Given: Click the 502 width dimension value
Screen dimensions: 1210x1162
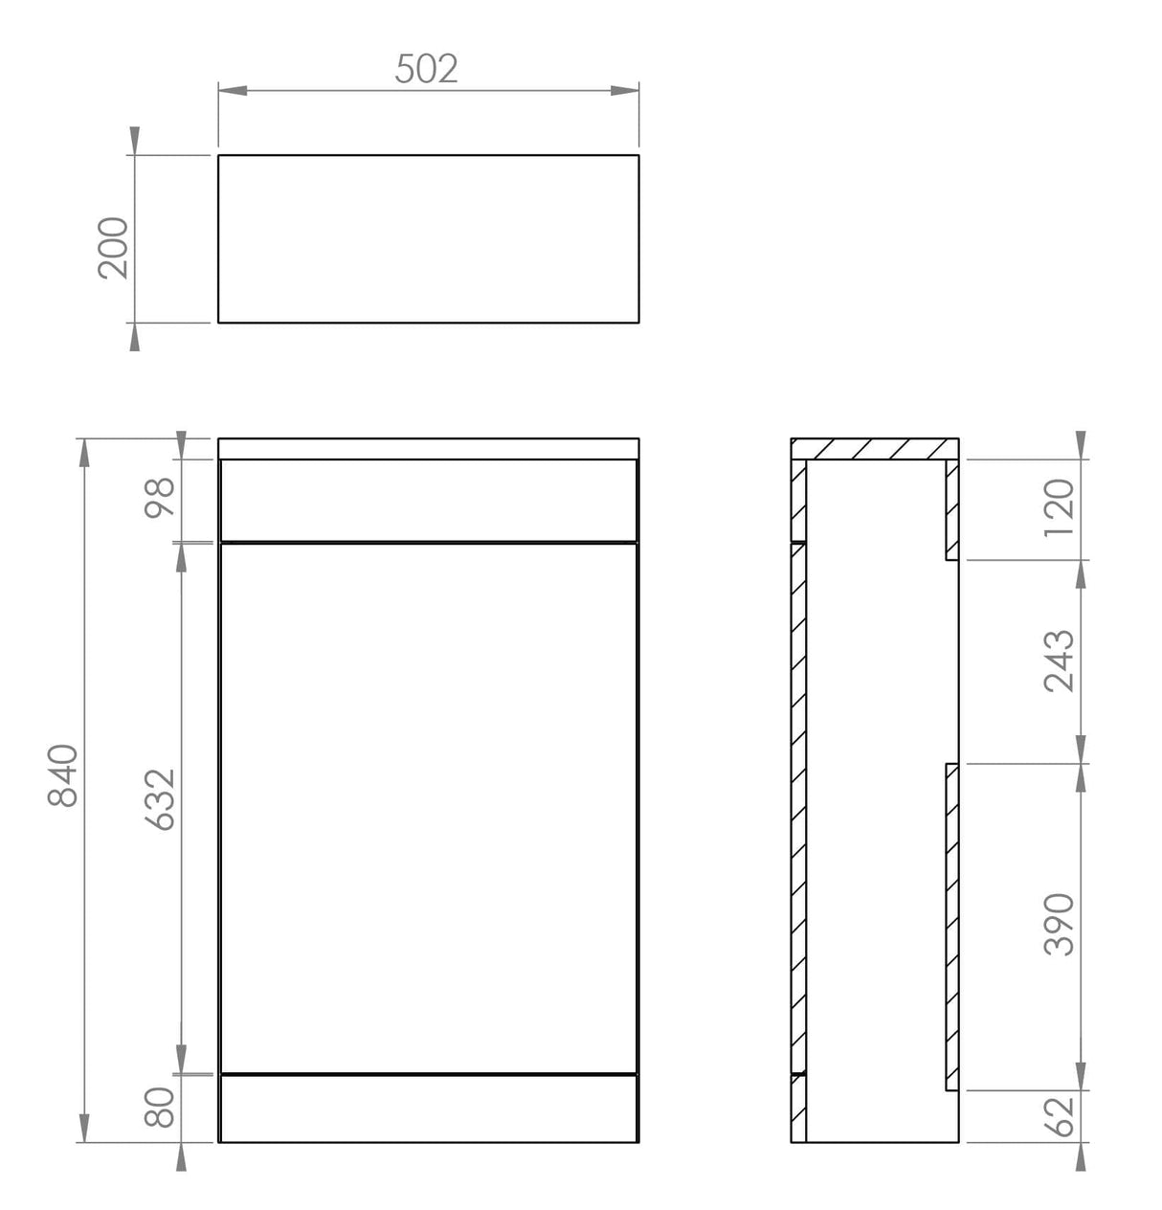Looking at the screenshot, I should point(427,69).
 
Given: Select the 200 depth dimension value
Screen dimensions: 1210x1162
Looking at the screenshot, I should point(113,247).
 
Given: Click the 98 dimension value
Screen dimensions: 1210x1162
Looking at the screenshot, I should point(160,498).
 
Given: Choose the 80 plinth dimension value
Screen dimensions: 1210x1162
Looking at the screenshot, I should point(160,1107).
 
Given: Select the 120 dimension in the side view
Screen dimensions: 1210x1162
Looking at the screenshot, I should point(1060,507).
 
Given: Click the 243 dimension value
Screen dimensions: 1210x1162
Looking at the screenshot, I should point(1060,661).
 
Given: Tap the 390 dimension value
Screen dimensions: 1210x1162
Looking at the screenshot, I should point(1060,924).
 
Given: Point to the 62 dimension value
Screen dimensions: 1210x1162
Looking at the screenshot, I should point(1060,1116).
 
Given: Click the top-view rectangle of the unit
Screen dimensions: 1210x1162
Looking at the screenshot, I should point(428,238).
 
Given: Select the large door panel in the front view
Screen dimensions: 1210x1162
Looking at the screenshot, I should point(428,806).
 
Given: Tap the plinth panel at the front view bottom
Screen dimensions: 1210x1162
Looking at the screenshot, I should point(428,1108).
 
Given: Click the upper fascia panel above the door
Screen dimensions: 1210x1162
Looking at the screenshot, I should point(428,501).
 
